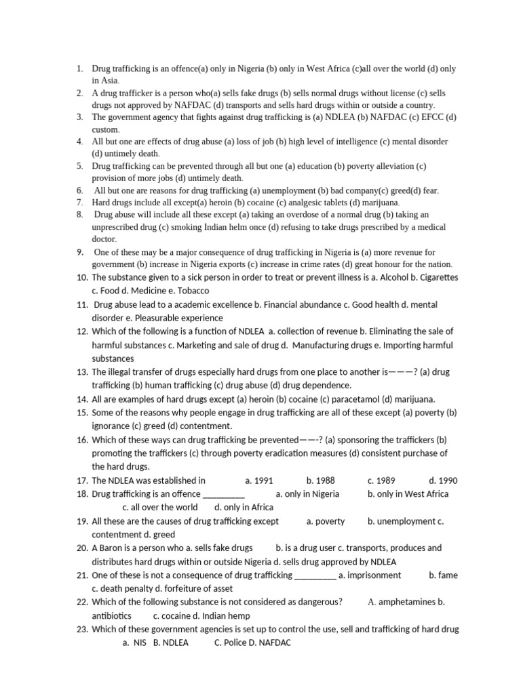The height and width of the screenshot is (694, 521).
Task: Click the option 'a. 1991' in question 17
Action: (x=259, y=481)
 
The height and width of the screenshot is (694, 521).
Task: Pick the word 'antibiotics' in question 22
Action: (x=111, y=615)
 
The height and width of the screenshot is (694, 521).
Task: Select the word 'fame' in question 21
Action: (x=448, y=575)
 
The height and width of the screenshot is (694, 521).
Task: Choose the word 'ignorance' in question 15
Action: (x=113, y=426)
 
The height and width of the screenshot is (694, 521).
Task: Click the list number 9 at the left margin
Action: (x=79, y=252)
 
